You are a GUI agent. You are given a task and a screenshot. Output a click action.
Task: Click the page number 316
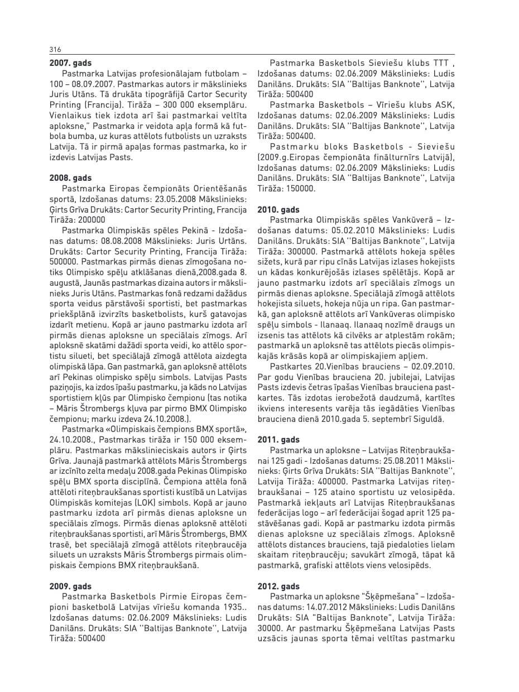[55, 49]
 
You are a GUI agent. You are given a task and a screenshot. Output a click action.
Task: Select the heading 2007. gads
[70, 63]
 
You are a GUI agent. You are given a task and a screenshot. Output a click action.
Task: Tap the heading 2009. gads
[70, 586]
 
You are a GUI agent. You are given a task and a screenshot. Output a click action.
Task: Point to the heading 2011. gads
[278, 440]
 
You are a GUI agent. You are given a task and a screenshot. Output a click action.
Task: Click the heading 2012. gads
[278, 586]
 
